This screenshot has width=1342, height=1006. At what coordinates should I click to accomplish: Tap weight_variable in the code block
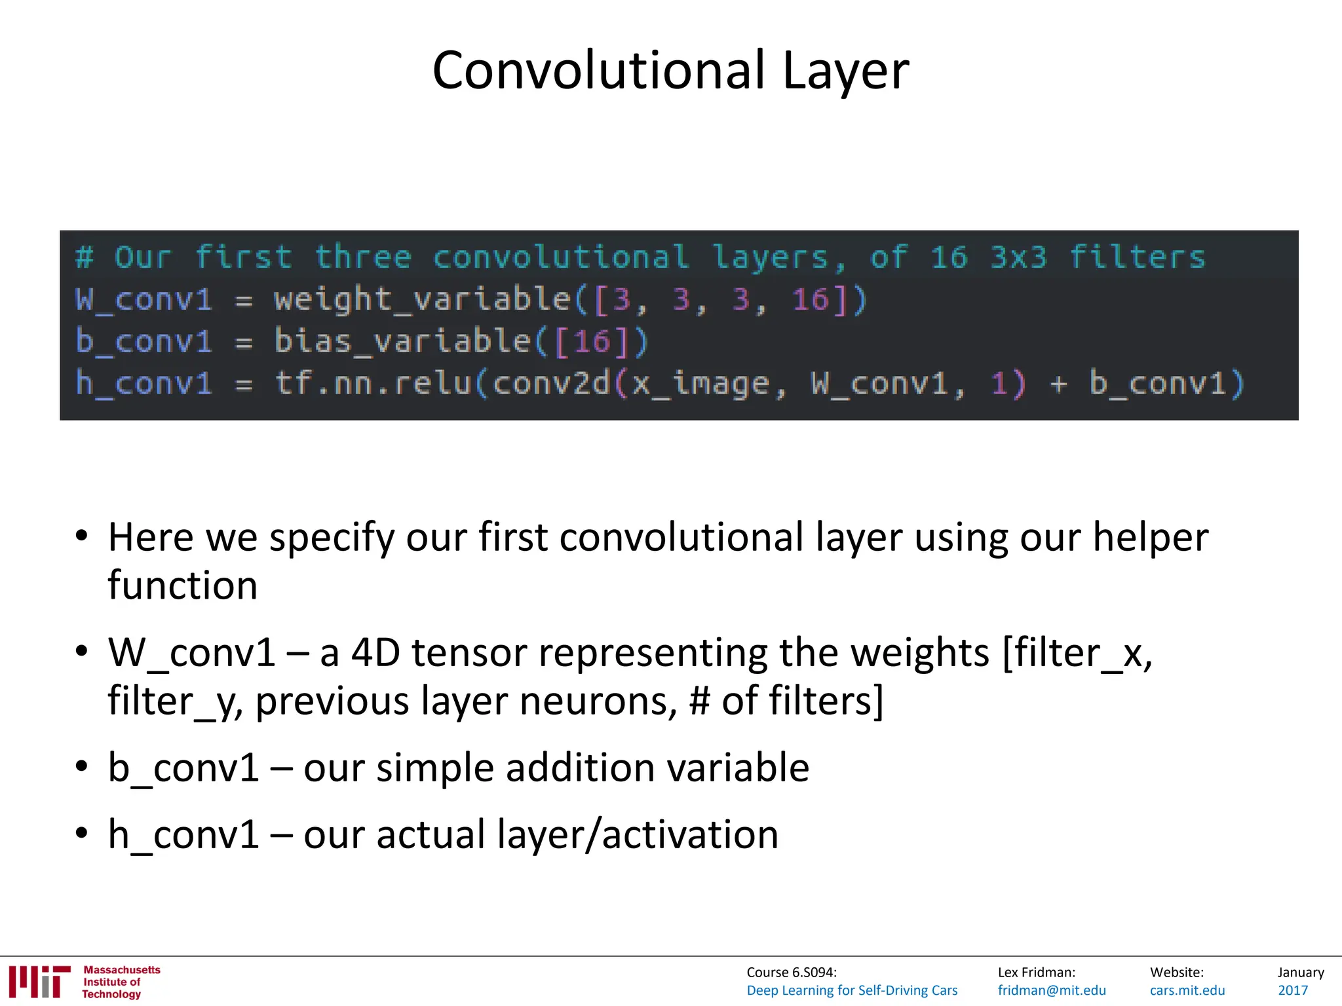pos(422,299)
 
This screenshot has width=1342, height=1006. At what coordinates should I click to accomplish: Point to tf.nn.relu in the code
pos(374,383)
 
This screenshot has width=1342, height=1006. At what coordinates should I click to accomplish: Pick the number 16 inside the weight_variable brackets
pos(811,300)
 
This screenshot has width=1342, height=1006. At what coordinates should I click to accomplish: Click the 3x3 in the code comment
pos(1018,257)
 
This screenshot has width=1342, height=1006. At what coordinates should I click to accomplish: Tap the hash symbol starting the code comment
pos(85,257)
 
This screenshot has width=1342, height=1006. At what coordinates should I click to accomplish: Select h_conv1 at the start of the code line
pos(144,383)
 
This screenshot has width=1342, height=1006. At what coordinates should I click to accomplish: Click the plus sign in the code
pos(1058,383)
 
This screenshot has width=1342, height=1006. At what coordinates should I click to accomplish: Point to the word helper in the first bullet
pos(1150,538)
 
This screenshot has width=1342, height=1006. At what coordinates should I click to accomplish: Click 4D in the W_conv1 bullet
pos(375,653)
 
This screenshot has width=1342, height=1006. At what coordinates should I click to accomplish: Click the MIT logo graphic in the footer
pos(39,981)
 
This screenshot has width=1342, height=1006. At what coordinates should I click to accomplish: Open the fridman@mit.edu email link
pos(1051,990)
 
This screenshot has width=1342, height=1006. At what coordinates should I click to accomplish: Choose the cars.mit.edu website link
pos(1187,990)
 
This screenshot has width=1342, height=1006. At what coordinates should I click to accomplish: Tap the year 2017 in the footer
pos(1292,990)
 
